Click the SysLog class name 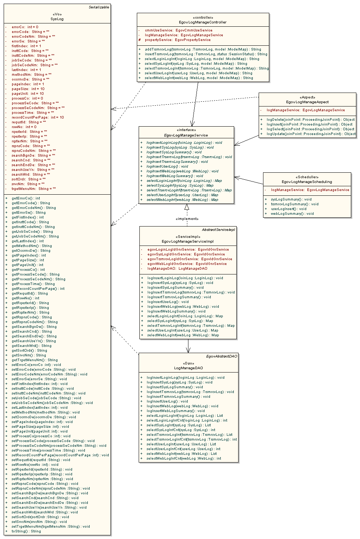(x=57, y=19)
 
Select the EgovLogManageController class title (x=203, y=22)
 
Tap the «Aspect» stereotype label (x=307, y=97)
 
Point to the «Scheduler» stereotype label (x=307, y=177)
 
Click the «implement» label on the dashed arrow (x=187, y=219)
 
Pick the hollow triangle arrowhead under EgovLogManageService (x=187, y=207)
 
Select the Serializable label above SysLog (x=99, y=7)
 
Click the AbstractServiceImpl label (x=218, y=230)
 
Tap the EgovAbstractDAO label (x=222, y=356)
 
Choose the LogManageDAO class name (x=188, y=368)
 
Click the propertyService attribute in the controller (x=177, y=40)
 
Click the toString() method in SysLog (x=26, y=531)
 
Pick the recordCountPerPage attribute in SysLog (x=37, y=117)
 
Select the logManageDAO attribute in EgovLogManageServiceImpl (x=177, y=269)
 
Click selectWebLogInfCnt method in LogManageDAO (x=184, y=458)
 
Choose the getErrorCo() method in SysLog (x=26, y=198)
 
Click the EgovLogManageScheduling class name (x=307, y=182)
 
